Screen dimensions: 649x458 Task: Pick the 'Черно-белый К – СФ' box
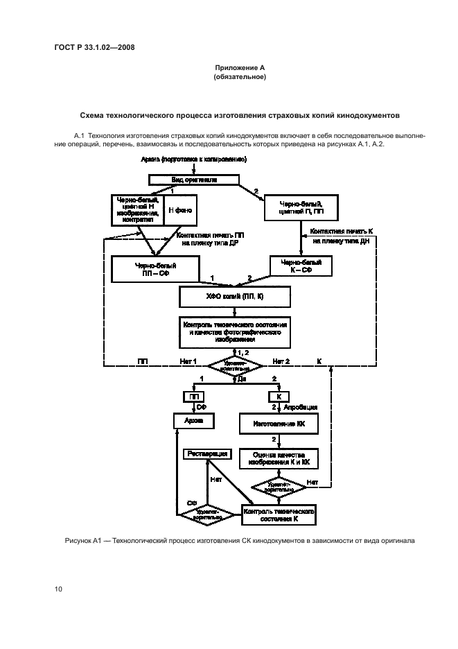pos(300,267)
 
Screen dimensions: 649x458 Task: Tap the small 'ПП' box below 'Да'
pos(192,397)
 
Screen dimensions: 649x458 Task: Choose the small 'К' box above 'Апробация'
pos(278,397)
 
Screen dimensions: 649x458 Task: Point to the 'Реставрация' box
pos(206,453)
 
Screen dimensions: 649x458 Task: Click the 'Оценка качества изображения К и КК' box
pos(278,459)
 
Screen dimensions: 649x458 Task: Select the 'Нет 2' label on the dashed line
pos(281,362)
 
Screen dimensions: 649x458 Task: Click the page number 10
pos(59,589)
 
